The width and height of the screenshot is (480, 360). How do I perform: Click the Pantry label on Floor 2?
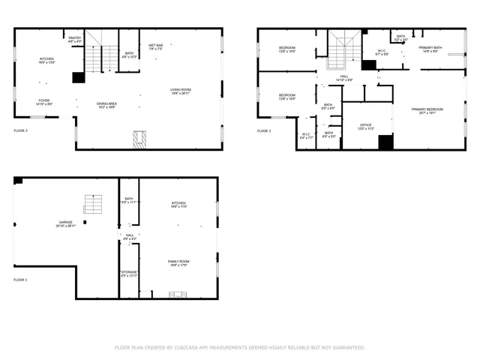click(74, 39)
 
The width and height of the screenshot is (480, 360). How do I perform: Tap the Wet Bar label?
click(156, 46)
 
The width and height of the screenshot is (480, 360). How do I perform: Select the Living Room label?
click(181, 91)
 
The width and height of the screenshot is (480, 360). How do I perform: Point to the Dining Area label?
click(106, 105)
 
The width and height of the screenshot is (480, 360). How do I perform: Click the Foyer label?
click(45, 101)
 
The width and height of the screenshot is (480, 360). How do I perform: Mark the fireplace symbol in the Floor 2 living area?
click(139, 139)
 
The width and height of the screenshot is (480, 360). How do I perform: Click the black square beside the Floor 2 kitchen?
click(78, 77)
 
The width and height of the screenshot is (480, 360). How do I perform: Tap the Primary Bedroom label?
click(427, 110)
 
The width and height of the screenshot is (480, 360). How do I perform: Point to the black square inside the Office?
click(385, 142)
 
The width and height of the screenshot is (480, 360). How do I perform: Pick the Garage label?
click(65, 223)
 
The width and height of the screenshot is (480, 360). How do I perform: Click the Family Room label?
click(178, 262)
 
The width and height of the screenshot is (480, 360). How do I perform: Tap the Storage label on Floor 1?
click(129, 273)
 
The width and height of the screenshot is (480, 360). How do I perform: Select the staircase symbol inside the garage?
click(93, 203)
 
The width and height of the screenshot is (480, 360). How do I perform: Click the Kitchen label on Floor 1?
click(178, 204)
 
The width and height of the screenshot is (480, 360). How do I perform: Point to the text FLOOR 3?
click(263, 131)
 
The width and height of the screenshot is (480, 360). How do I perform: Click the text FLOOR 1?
click(20, 280)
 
